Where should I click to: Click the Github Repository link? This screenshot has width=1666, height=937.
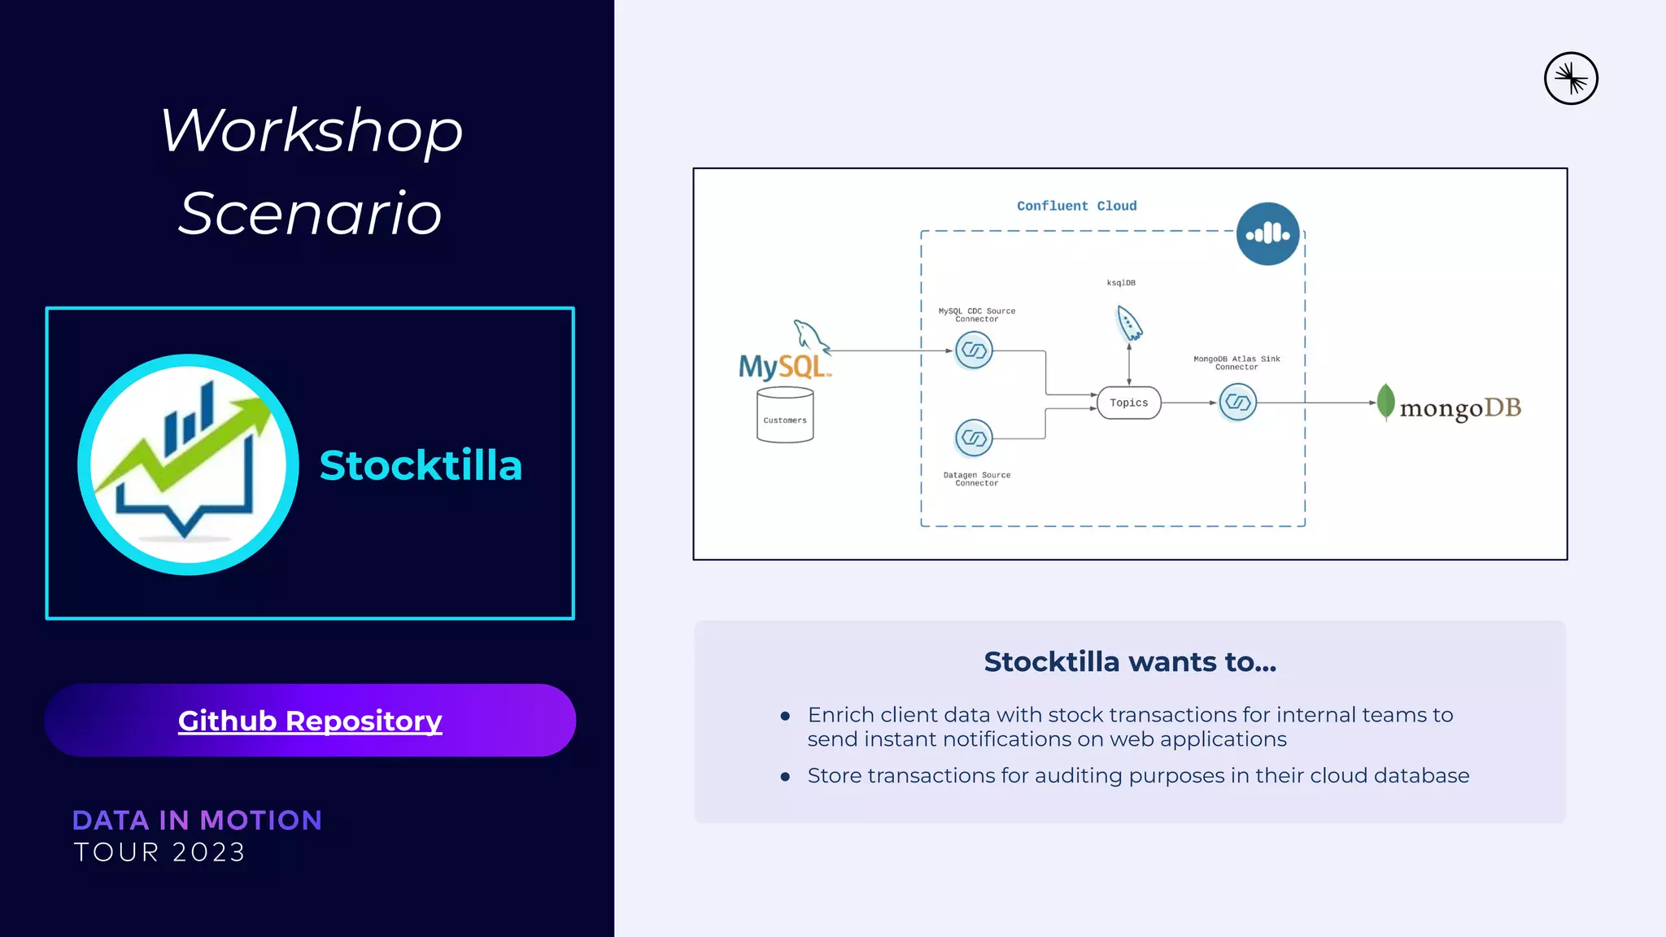click(x=310, y=721)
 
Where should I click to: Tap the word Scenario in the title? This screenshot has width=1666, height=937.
click(x=310, y=213)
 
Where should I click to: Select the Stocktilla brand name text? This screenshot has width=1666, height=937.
click(x=421, y=465)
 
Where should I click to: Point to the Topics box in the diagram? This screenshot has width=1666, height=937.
click(x=1128, y=403)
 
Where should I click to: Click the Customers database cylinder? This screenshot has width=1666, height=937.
click(x=785, y=416)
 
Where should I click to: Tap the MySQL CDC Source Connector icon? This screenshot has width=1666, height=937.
click(x=974, y=351)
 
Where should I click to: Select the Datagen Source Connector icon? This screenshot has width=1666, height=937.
click(x=974, y=438)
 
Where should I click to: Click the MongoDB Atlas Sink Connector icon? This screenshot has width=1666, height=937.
click(x=1237, y=402)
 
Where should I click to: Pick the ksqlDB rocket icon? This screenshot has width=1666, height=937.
click(x=1129, y=323)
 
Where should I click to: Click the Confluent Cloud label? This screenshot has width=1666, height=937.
click(x=1076, y=206)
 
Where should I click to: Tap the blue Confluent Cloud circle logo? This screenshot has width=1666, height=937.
click(x=1267, y=234)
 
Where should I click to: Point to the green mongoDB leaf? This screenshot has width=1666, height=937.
click(x=1386, y=401)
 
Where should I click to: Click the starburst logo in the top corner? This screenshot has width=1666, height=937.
click(x=1571, y=79)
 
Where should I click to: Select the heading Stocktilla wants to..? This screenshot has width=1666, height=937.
click(x=1130, y=662)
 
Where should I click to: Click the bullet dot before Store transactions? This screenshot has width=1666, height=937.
click(x=785, y=777)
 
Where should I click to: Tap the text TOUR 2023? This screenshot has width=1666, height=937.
click(x=159, y=852)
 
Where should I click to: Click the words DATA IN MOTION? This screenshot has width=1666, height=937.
click(x=197, y=820)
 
